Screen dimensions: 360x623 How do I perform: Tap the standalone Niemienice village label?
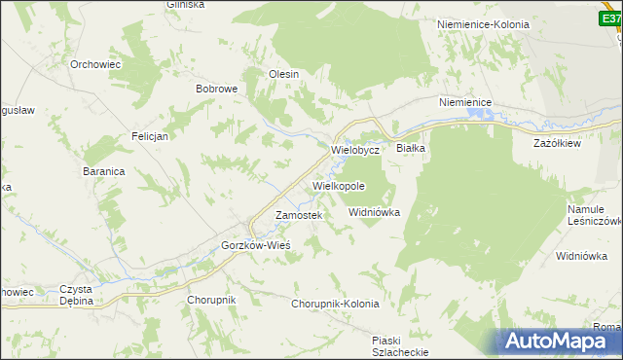pyautogui.click(x=465, y=102)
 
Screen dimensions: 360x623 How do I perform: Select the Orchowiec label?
pyautogui.click(x=93, y=64)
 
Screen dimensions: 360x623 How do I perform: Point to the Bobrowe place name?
pyautogui.click(x=217, y=89)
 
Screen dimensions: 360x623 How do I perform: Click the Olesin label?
pyautogui.click(x=283, y=74)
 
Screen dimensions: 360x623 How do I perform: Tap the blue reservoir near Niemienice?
pyautogui.click(x=481, y=115)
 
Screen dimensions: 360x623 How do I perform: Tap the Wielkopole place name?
pyautogui.click(x=339, y=185)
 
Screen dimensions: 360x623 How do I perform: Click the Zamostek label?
pyautogui.click(x=298, y=215)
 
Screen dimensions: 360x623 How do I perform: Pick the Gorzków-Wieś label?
pyautogui.click(x=256, y=245)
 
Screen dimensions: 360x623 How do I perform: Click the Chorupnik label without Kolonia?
pyautogui.click(x=211, y=300)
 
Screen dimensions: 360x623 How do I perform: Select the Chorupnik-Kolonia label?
pyautogui.click(x=335, y=304)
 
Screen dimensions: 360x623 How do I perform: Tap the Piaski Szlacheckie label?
pyautogui.click(x=400, y=345)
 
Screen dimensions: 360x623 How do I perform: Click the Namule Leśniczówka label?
pyautogui.click(x=594, y=215)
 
